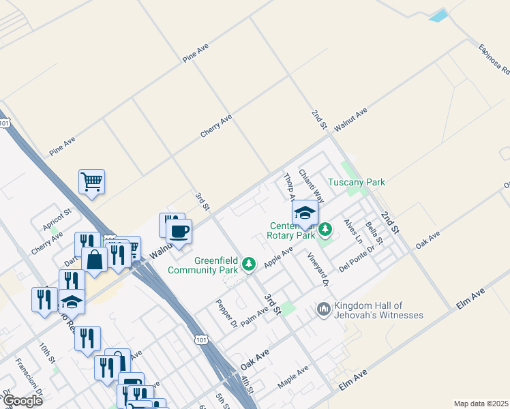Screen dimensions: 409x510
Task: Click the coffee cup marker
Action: [x=179, y=232]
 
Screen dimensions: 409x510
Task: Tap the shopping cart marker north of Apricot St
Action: [x=91, y=182]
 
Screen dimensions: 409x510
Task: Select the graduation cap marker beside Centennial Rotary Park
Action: [x=305, y=213]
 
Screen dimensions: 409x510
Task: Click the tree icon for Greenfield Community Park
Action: [x=250, y=262]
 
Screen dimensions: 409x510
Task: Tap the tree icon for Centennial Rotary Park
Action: [x=325, y=228]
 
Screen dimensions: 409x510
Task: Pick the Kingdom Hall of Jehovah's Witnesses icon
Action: [x=323, y=310]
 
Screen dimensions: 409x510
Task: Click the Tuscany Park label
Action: [x=356, y=182]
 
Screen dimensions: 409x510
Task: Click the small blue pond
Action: [x=439, y=16]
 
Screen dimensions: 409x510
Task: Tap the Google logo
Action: [x=22, y=401]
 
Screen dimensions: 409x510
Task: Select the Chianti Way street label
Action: [x=311, y=186]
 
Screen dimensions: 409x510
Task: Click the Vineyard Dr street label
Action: [x=318, y=269]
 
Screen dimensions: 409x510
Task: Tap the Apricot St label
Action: [x=57, y=220]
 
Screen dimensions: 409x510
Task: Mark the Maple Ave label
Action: [x=293, y=377]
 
